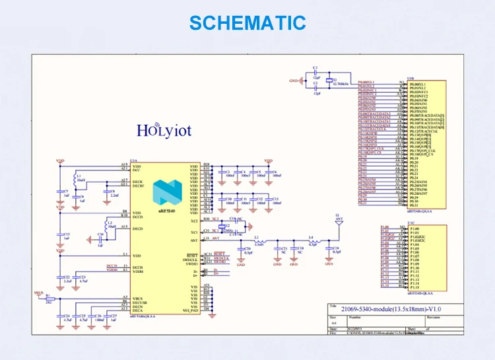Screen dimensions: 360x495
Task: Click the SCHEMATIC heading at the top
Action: click(247, 22)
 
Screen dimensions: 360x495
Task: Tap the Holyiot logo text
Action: click(164, 129)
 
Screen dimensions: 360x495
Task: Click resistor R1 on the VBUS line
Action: click(48, 299)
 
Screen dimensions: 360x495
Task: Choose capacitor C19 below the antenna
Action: click(336, 249)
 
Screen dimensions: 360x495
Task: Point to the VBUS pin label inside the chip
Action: click(137, 298)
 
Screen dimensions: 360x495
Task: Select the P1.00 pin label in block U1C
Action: click(415, 229)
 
